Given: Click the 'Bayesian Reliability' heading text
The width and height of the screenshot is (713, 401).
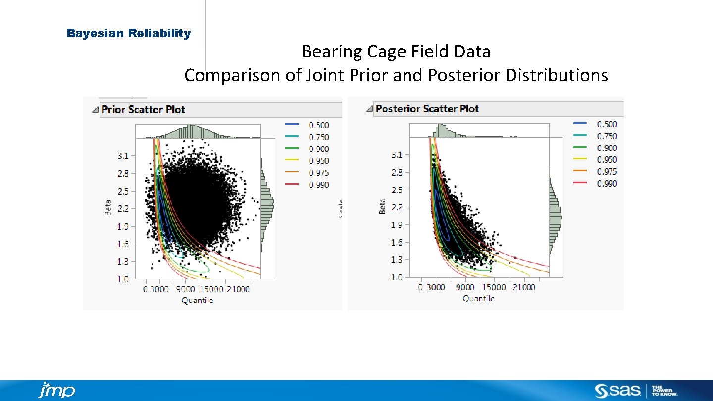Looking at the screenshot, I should point(129,34).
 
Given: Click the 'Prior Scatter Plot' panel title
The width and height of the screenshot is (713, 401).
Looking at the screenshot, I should point(143,110).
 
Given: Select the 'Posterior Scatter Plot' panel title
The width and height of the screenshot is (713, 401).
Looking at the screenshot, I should point(427,109).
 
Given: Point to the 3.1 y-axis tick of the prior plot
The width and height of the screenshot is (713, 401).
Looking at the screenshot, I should point(123,156).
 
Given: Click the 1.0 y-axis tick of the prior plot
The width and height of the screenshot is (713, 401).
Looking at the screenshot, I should point(123,279).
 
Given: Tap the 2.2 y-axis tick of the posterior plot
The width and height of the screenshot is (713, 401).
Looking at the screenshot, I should point(397,207).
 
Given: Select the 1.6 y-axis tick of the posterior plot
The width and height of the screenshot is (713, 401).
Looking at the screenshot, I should point(397,243).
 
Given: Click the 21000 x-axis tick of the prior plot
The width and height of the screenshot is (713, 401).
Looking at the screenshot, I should point(238,289).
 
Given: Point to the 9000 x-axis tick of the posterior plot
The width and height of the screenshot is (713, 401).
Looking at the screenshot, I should point(465,287).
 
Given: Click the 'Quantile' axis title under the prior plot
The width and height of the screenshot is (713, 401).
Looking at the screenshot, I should point(198,301).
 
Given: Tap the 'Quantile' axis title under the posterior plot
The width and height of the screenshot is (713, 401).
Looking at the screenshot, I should point(478,299).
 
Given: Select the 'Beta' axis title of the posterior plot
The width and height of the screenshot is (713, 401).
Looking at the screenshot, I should point(382,206).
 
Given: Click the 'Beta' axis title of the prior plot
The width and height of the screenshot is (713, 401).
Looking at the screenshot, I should point(108,208).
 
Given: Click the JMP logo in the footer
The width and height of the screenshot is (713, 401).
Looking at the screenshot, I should point(56,390).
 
